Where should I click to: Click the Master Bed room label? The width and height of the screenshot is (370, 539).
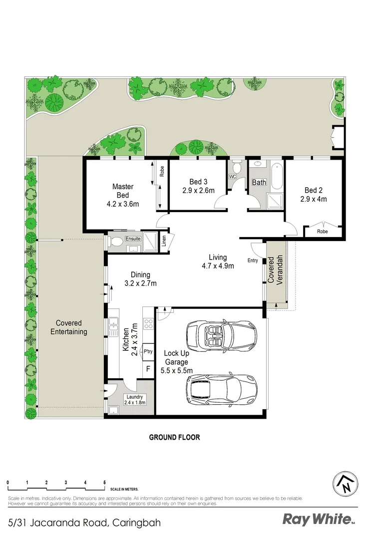click(x=122, y=191)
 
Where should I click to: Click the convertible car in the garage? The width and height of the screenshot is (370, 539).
click(x=220, y=335)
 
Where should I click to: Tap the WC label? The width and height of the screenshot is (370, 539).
click(x=232, y=177)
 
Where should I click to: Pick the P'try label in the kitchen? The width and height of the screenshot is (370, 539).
click(x=148, y=351)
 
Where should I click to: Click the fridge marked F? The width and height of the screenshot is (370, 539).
click(x=148, y=370)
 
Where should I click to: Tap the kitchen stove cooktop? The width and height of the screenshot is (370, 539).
click(x=148, y=323)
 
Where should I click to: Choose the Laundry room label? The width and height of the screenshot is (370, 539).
click(x=134, y=397)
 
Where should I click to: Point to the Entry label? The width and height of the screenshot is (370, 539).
click(x=253, y=261)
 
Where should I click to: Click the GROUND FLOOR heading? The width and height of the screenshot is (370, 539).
click(x=175, y=437)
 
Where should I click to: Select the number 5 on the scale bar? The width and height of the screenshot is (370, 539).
click(x=104, y=483)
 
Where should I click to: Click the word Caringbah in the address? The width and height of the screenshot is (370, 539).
click(x=137, y=523)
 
